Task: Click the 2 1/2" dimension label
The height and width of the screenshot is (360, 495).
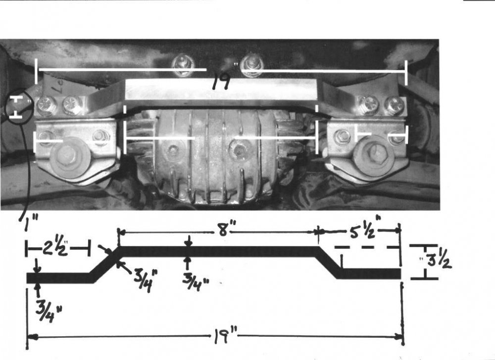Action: [x=57, y=246]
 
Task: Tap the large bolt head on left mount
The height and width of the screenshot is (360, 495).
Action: [x=67, y=154]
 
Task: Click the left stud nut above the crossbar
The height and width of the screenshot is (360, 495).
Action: [x=184, y=64]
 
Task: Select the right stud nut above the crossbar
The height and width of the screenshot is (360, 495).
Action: [x=252, y=64]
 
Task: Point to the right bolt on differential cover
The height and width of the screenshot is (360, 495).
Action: [x=240, y=149]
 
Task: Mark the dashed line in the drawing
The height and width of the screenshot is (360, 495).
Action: [x=366, y=246]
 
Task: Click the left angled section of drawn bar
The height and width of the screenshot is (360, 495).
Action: [x=105, y=263]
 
